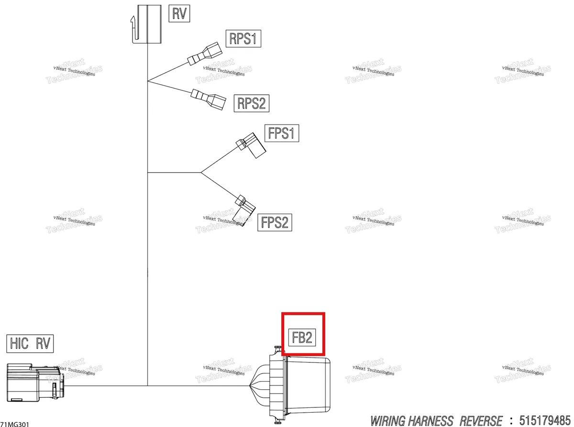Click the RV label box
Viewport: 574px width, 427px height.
[x=179, y=13]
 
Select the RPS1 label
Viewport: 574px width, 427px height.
[x=243, y=39]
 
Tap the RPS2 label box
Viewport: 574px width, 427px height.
[x=251, y=103]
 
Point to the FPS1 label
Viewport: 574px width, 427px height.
[x=282, y=133]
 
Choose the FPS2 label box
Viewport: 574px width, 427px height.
[x=275, y=222]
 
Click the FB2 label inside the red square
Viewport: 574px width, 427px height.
[x=302, y=338]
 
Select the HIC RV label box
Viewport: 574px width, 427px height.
[x=30, y=343]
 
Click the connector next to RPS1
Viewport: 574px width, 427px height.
[x=205, y=54]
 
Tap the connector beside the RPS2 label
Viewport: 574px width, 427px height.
[x=209, y=99]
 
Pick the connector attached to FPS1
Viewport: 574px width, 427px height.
[x=251, y=145]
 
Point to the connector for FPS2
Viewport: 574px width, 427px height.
[x=244, y=210]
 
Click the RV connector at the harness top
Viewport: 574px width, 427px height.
[x=146, y=24]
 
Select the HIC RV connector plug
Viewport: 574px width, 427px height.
[x=35, y=383]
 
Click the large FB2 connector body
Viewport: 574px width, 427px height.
[x=290, y=385]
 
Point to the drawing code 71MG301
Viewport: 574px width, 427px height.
[x=15, y=424]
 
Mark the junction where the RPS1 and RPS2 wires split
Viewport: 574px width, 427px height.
[x=147, y=81]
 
